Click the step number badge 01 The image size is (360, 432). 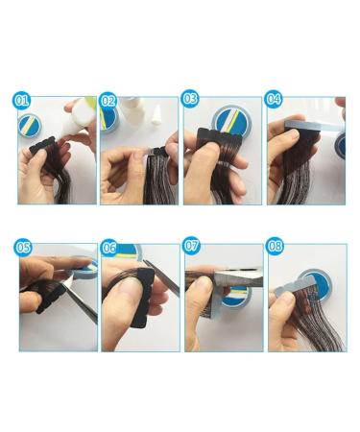pos(24,101)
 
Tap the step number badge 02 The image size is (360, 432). pos(108,101)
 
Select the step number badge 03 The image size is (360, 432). pos(190,101)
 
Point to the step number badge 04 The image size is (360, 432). pos(274,101)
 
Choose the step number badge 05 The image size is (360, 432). pos(25,248)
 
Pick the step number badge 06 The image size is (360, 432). pos(108,248)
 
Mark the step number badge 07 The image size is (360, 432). pos(190,248)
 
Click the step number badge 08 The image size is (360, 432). pos(274,248)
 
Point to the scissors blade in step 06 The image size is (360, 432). pos(158,278)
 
